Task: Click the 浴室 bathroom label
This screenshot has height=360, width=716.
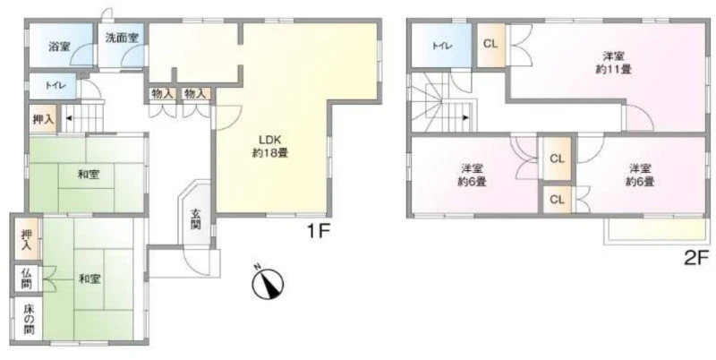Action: coord(59,47)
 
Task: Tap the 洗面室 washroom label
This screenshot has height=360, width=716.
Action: coord(122,38)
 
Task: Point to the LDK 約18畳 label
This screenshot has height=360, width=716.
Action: coord(270,146)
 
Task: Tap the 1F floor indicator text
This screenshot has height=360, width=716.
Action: coord(318,232)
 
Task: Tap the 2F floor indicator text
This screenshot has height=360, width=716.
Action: coord(695,260)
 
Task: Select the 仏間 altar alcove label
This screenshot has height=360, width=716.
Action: coord(27,279)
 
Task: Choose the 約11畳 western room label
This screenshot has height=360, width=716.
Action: coord(613,63)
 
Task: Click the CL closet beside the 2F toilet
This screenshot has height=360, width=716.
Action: coord(490,44)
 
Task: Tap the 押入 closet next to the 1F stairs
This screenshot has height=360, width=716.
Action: coord(43,119)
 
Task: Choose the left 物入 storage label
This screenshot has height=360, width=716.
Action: coord(162,94)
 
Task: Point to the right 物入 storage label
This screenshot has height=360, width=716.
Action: coord(195,94)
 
